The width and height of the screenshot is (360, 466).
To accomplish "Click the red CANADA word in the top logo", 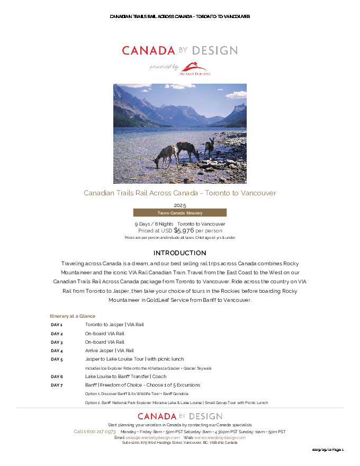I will (x=148, y=51).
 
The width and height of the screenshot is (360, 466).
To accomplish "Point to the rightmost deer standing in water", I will (x=210, y=147).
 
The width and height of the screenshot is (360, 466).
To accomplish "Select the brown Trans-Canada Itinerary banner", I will (x=180, y=213).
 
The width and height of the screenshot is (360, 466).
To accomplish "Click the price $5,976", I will (x=184, y=230).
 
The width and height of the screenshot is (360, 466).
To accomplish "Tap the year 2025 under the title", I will (x=180, y=205).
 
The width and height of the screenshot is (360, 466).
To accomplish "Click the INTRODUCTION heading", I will (x=180, y=253).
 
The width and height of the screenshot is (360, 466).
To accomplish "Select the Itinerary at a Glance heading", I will (x=73, y=316).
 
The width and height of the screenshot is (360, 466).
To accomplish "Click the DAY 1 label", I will (x=57, y=325).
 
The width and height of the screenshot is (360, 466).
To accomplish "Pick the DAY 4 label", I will (x=57, y=351).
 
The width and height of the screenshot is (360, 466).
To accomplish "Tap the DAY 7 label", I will (x=57, y=385).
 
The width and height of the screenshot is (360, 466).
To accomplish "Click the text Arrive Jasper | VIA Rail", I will (x=110, y=351).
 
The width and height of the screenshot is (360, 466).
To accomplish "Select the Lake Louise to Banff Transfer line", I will (x=125, y=377).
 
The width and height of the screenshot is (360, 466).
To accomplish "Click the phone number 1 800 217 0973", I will (x=95, y=432).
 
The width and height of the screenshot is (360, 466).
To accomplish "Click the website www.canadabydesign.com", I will (x=220, y=437).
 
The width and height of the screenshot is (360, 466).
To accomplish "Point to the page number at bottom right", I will (x=328, y=450).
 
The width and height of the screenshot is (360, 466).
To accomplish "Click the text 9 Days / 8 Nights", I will (x=154, y=224).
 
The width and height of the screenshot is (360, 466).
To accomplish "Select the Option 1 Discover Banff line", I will (x=137, y=394).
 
